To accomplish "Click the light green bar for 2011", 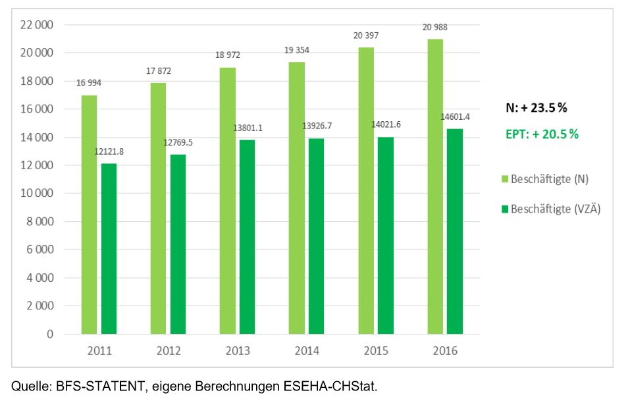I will click(89, 215).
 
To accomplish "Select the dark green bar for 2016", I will click(455, 231).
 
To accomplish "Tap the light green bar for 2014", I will click(296, 198).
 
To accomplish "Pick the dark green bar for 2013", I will click(248, 237).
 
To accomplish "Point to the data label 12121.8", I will click(109, 152).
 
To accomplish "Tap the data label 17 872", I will click(157, 70).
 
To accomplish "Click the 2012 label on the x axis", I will click(168, 351).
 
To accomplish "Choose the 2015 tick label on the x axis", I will click(375, 351).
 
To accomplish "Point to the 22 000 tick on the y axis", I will click(38, 25).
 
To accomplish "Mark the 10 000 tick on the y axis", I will click(38, 194).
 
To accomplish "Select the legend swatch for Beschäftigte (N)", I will click(505, 179).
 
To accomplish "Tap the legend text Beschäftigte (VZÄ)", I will click(556, 209).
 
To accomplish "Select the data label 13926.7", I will click(317, 124).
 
